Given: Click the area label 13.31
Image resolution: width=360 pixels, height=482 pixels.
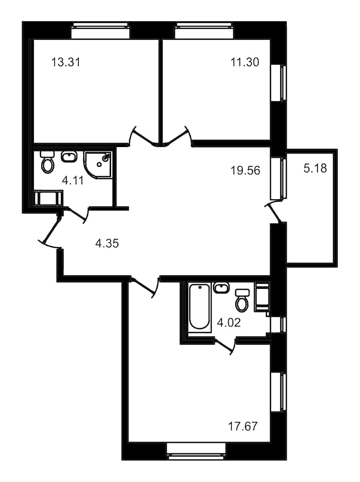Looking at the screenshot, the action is [x=66, y=62].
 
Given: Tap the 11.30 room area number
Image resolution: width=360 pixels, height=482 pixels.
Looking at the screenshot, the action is [x=245, y=62].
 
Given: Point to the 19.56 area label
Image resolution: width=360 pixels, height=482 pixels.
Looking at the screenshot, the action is [x=246, y=170].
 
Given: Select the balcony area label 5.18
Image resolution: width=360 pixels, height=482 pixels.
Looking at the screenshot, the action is [x=315, y=168].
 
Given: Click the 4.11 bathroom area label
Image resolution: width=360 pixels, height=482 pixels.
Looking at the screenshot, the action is [x=73, y=181].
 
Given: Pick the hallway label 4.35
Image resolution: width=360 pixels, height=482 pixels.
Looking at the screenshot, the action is [x=107, y=243].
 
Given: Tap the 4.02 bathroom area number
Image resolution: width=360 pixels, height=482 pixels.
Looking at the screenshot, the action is [x=228, y=323].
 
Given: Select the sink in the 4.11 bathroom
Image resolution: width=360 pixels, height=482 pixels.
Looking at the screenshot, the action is [x=69, y=157].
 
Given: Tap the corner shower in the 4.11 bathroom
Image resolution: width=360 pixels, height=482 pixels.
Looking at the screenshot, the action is [x=98, y=164].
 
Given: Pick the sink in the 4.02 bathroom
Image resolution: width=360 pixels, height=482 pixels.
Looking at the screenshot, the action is [x=221, y=288].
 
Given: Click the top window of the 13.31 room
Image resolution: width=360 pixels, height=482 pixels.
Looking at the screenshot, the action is [x=100, y=30].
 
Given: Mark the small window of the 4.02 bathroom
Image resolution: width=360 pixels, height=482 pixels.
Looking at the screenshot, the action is [x=278, y=324].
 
